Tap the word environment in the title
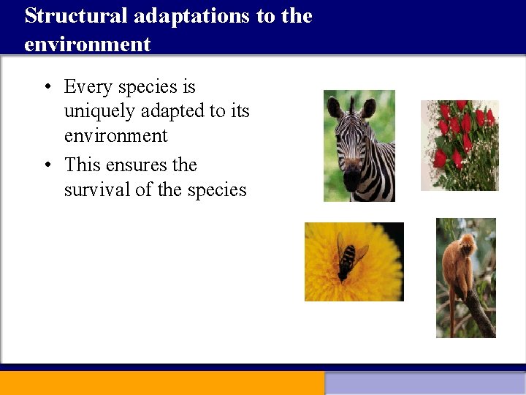click(87, 44)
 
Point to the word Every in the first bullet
click(88, 87)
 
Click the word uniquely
click(99, 111)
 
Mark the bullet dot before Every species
click(46, 88)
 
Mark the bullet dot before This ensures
click(46, 165)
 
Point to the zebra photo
click(359, 146)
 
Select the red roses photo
click(460, 145)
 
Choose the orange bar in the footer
click(161, 383)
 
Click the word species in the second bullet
click(217, 189)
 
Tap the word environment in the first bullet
click(115, 136)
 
